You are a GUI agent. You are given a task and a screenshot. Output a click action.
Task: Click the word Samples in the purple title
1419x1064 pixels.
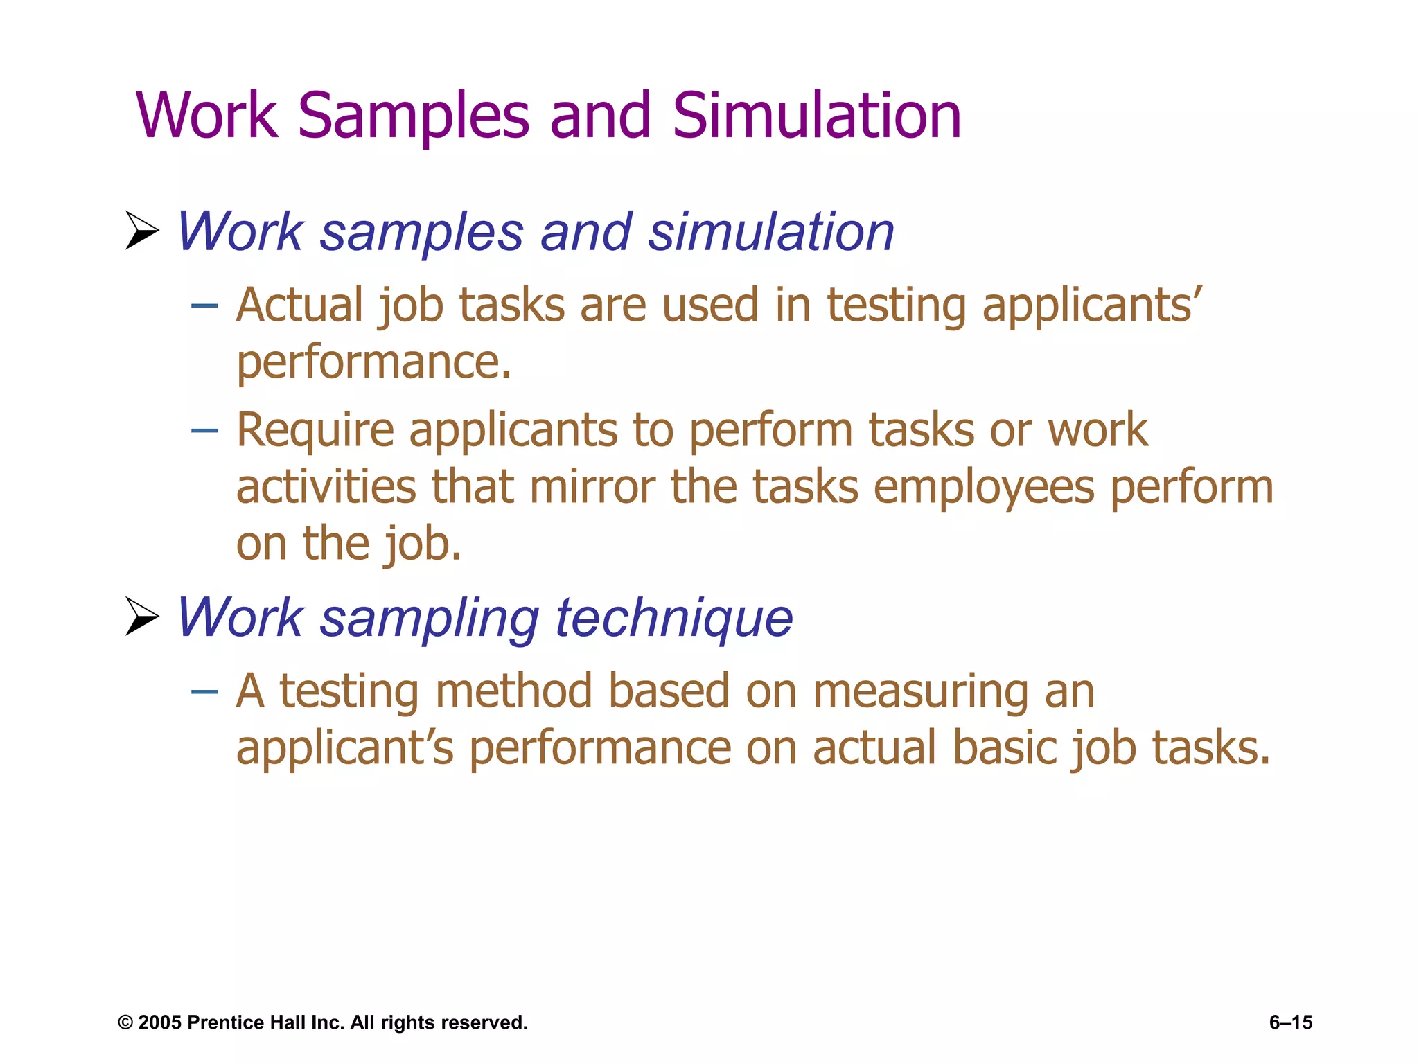click(x=414, y=116)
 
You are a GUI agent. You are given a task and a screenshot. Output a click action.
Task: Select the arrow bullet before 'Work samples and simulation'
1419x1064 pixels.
click(x=142, y=231)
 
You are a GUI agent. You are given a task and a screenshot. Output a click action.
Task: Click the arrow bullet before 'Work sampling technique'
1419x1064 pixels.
click(x=142, y=617)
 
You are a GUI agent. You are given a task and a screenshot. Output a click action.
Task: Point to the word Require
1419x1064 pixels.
click(x=315, y=432)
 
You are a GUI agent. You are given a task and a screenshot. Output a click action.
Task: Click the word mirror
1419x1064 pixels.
click(x=592, y=487)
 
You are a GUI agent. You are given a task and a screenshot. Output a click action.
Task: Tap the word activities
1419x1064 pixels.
click(x=326, y=487)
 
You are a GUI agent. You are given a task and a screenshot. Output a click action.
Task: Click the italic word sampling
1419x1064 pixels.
click(x=429, y=618)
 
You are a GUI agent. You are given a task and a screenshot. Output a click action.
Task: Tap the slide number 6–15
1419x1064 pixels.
click(x=1290, y=1022)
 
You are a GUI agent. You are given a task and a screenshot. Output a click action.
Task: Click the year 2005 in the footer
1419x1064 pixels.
click(x=159, y=1022)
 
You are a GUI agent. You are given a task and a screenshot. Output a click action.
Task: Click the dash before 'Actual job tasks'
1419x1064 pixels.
click(x=204, y=305)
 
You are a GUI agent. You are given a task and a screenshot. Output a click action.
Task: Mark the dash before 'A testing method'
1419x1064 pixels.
click(x=204, y=691)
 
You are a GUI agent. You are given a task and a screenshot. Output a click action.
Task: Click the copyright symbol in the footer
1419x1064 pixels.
click(x=125, y=1023)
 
